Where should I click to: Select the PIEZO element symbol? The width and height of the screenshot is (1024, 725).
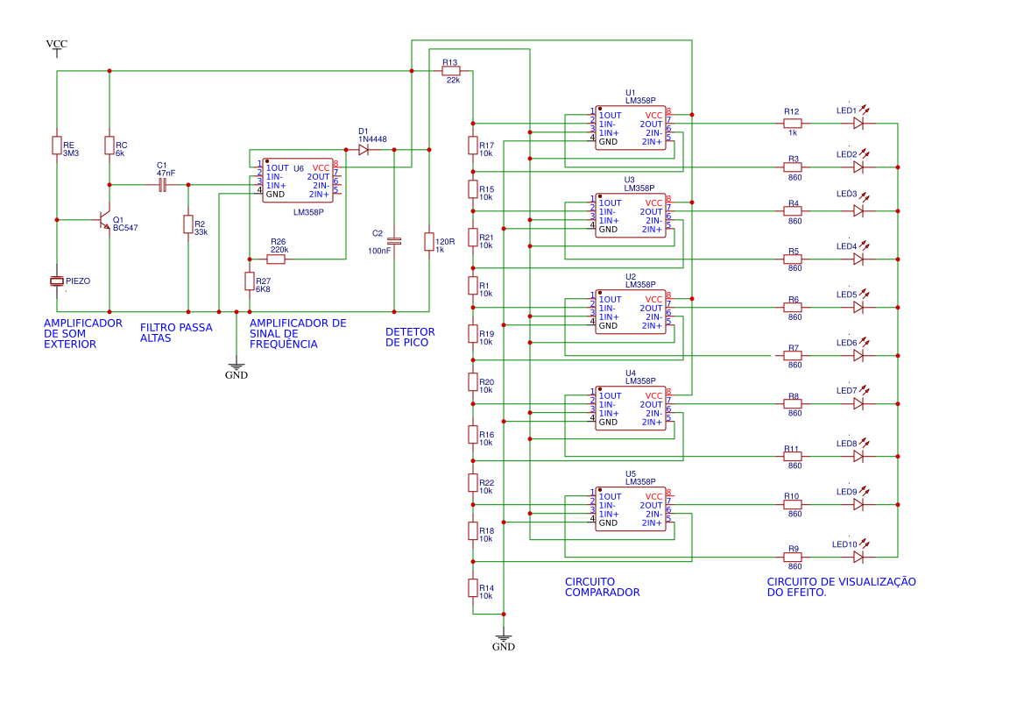coord(57,281)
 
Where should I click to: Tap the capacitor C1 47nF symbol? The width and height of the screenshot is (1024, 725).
coord(162,185)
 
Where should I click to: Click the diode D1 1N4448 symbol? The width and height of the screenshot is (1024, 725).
coord(363,150)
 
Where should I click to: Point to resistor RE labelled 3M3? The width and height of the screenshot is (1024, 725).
coord(57,146)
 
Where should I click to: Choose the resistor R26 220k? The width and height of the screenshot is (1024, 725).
coord(278,259)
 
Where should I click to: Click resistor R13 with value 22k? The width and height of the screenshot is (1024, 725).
coord(451,71)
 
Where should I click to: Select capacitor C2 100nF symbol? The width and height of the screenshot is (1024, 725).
coord(394,240)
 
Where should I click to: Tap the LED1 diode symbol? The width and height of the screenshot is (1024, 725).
coord(858,124)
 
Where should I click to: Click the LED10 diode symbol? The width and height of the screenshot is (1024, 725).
coord(858,557)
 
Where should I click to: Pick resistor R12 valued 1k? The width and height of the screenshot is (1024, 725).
coord(793,124)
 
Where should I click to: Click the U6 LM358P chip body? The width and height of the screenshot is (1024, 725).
coord(298,181)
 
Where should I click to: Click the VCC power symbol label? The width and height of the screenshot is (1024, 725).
coord(57,44)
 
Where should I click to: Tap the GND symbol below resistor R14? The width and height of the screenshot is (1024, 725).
coord(504,639)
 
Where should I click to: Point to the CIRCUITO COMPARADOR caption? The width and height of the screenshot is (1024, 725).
coord(603,586)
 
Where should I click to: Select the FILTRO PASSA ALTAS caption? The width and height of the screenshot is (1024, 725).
coord(176,332)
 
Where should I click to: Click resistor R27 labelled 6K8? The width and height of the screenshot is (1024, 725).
coord(250,281)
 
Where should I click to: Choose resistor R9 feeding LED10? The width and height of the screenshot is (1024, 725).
coord(793,557)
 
